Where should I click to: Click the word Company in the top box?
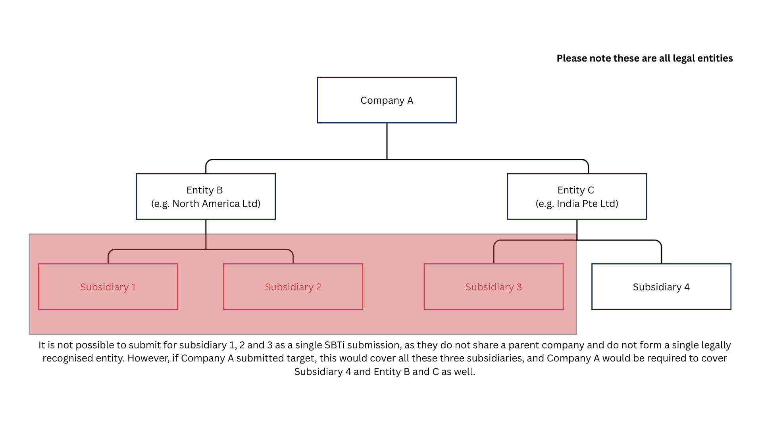pyautogui.click(x=382, y=101)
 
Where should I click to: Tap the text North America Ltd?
pyautogui.click(x=216, y=204)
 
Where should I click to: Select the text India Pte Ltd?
pyautogui.click(x=587, y=204)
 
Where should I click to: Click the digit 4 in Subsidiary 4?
pyautogui.click(x=687, y=287)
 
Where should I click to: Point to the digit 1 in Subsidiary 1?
pyautogui.click(x=134, y=287)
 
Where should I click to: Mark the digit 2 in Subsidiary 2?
pyautogui.click(x=319, y=287)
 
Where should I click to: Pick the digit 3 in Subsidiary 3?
pyautogui.click(x=519, y=287)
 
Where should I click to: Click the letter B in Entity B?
pyautogui.click(x=219, y=190)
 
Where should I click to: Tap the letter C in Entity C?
pyautogui.click(x=591, y=190)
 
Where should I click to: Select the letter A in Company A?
pyautogui.click(x=410, y=100)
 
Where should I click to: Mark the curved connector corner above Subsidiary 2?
pyautogui.click(x=291, y=251)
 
